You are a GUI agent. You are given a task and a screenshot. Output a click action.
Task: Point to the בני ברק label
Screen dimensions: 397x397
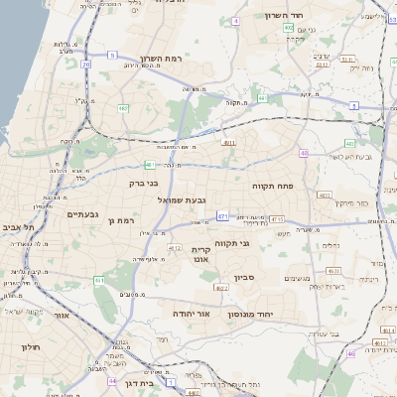145,183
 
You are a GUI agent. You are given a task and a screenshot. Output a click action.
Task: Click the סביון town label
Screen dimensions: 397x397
245,278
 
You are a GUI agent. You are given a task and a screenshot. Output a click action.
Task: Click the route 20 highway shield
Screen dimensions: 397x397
86,66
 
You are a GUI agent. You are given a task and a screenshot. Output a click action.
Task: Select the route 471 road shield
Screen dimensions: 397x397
222,215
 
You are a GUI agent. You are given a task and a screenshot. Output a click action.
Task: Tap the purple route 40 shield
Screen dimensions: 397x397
304,154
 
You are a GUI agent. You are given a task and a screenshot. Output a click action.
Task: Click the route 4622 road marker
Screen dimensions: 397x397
220,288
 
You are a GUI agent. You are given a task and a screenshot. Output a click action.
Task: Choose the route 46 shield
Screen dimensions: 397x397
351,353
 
